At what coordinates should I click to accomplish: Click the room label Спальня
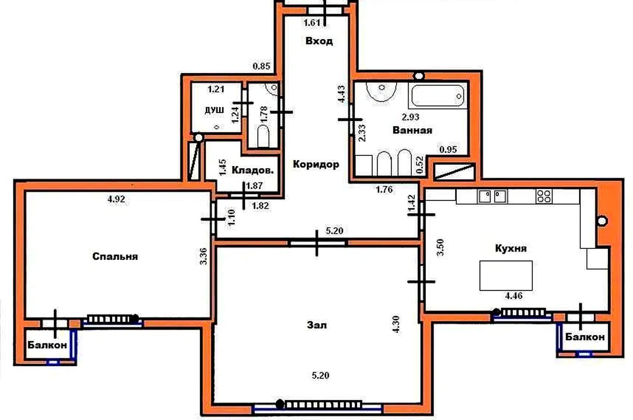(115, 257)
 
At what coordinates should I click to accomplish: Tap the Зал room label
(317, 325)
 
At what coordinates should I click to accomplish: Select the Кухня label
(511, 248)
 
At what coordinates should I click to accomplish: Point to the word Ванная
(413, 130)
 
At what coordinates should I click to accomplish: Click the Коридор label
(316, 164)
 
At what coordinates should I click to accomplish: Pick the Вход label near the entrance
(319, 41)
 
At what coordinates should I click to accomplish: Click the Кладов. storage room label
(253, 170)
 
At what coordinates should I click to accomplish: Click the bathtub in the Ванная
(438, 96)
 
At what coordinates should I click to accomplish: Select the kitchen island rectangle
(506, 276)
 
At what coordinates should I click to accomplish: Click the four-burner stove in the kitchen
(544, 196)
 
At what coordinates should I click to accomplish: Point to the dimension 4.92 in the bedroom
(116, 199)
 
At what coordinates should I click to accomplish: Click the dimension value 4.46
(514, 296)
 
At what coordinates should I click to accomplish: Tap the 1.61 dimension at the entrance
(312, 23)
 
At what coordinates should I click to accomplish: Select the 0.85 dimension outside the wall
(262, 66)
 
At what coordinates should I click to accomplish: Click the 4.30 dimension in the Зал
(396, 324)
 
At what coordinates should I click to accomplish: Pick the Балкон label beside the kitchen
(585, 337)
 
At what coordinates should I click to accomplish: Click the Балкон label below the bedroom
(47, 345)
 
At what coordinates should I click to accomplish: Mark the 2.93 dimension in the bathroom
(411, 117)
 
